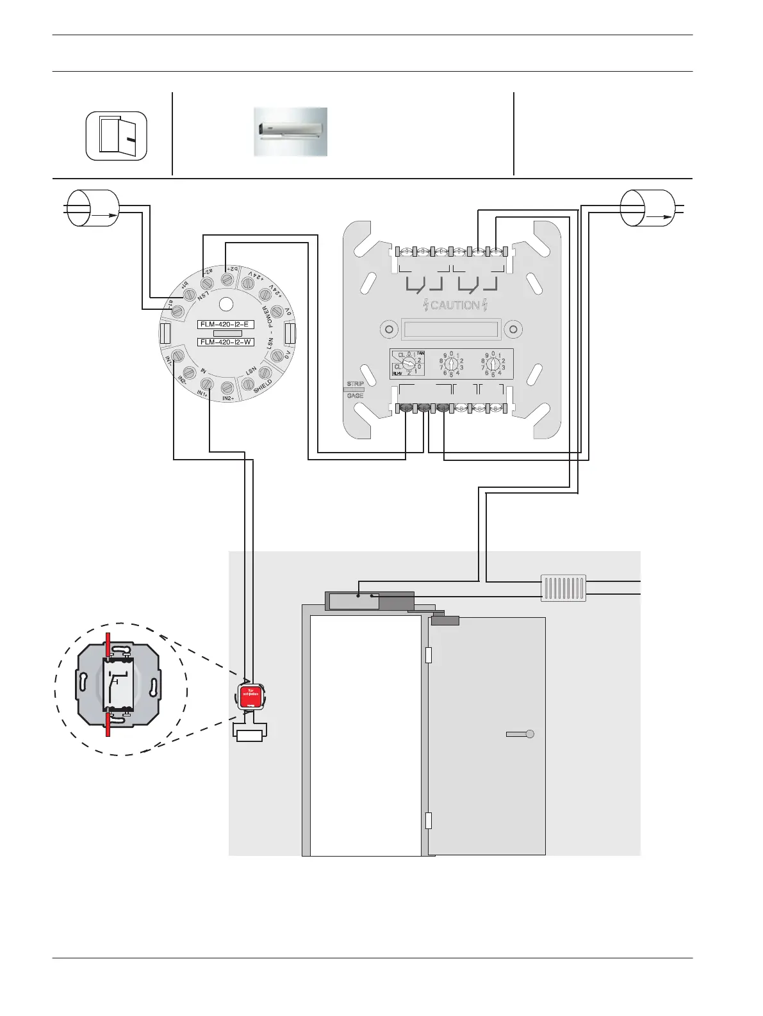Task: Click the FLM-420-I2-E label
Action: click(226, 325)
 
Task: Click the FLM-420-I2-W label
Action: click(226, 342)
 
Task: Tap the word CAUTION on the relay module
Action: click(455, 305)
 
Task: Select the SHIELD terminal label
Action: click(263, 386)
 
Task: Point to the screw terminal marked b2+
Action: click(226, 279)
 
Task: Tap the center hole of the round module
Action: click(226, 304)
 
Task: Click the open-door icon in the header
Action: click(117, 136)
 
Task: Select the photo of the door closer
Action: click(290, 132)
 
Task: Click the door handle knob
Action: click(529, 734)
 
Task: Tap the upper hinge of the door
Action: click(429, 655)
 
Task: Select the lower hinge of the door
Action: click(429, 820)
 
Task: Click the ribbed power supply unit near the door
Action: click(563, 588)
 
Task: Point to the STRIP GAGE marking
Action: click(355, 389)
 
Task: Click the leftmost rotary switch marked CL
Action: click(409, 363)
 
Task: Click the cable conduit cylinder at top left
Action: click(94, 207)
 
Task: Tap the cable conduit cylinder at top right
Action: click(648, 207)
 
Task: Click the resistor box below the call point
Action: click(249, 736)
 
